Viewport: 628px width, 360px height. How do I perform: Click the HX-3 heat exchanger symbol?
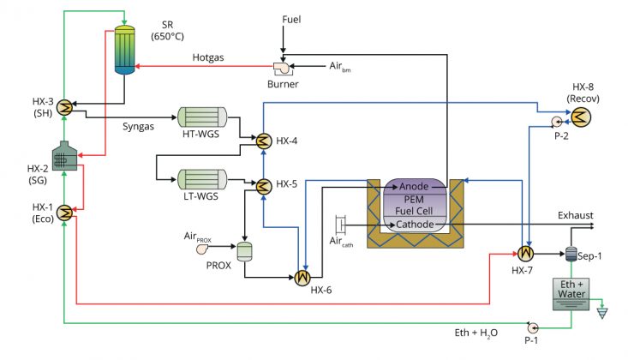point(64,107)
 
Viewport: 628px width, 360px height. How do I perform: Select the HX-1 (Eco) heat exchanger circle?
point(64,213)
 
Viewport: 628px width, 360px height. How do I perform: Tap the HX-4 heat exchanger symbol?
point(263,141)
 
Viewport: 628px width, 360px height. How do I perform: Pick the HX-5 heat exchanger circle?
point(263,186)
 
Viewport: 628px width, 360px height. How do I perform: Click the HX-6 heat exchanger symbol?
point(302,278)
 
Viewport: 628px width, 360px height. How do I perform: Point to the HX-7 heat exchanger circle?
point(525,254)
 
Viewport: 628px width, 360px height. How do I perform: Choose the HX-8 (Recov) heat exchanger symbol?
point(581,117)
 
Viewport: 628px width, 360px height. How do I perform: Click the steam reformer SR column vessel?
point(124,50)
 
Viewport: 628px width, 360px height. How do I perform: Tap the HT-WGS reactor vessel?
point(202,117)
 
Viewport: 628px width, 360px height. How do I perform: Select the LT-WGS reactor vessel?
point(202,179)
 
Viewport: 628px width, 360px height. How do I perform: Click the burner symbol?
point(284,69)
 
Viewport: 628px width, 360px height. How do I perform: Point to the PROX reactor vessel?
point(244,252)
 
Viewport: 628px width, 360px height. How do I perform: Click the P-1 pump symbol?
point(532,328)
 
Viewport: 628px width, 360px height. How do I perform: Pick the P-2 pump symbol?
point(556,122)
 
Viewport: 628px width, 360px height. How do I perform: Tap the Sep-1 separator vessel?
point(571,255)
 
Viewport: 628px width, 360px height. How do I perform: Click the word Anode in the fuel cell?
point(414,186)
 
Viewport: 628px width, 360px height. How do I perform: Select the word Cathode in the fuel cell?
point(415,224)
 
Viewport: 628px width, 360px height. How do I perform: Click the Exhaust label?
point(576,215)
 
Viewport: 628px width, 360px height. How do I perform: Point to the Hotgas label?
point(208,57)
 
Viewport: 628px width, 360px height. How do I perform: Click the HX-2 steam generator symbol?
point(64,155)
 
